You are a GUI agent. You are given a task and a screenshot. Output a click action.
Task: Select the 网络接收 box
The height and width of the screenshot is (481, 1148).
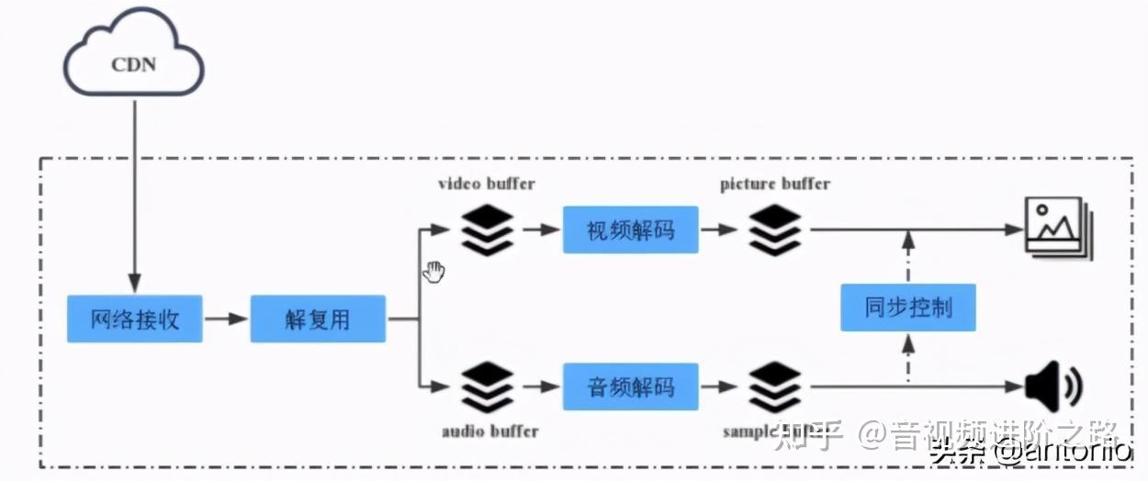pyautogui.click(x=134, y=319)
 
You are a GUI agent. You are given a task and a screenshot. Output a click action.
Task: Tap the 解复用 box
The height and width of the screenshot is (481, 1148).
pyautogui.click(x=317, y=319)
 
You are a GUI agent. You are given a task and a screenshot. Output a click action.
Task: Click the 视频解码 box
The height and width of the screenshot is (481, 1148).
pyautogui.click(x=630, y=229)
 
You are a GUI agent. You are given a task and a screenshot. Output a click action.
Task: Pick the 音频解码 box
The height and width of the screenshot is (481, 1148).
pyautogui.click(x=630, y=386)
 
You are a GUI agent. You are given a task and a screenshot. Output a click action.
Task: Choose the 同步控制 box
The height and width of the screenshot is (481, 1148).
pyautogui.click(x=907, y=307)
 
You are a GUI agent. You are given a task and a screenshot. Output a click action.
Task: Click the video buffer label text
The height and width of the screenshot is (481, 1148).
pyautogui.click(x=486, y=184)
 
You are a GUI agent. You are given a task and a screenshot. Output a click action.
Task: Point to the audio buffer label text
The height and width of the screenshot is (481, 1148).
pyautogui.click(x=490, y=431)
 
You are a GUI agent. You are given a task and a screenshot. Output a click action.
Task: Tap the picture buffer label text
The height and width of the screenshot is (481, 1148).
pyautogui.click(x=775, y=184)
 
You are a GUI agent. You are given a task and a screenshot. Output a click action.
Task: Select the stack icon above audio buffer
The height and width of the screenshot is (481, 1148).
pyautogui.click(x=487, y=386)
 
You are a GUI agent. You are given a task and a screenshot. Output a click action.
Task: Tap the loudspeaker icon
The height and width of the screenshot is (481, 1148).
pyautogui.click(x=1052, y=386)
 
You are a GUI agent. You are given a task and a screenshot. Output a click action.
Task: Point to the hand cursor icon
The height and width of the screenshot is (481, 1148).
pyautogui.click(x=433, y=271)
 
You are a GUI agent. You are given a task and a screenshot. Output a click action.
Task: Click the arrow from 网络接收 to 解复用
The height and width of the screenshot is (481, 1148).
pyautogui.click(x=226, y=319)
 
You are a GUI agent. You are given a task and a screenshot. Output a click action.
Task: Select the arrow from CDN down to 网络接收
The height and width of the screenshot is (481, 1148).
pyautogui.click(x=135, y=193)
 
